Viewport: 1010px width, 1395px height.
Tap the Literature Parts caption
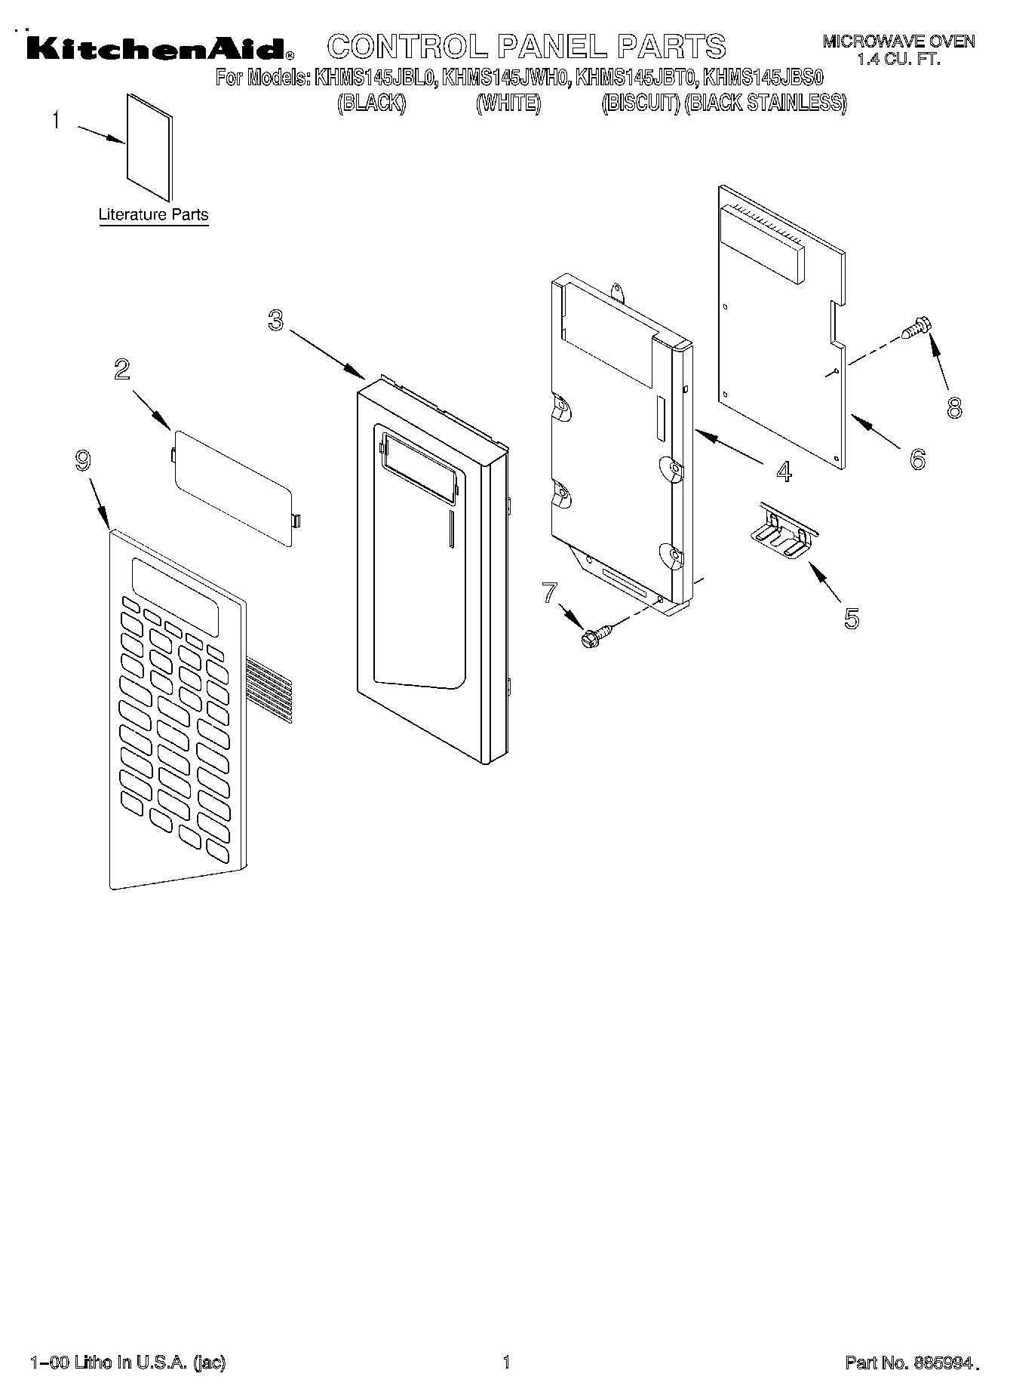pyautogui.click(x=153, y=215)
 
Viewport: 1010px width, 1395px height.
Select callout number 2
pyautogui.click(x=121, y=369)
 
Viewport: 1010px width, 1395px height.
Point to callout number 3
pyautogui.click(x=276, y=321)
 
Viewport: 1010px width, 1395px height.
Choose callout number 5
pyautogui.click(x=851, y=618)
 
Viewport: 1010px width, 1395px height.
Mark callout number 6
pyautogui.click(x=917, y=458)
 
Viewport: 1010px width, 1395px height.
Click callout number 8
pyautogui.click(x=954, y=408)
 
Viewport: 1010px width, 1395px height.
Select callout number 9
pyautogui.click(x=83, y=460)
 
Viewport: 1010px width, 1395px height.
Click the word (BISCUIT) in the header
pyautogui.click(x=640, y=103)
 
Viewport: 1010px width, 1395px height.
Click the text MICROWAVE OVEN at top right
pyautogui.click(x=898, y=41)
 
